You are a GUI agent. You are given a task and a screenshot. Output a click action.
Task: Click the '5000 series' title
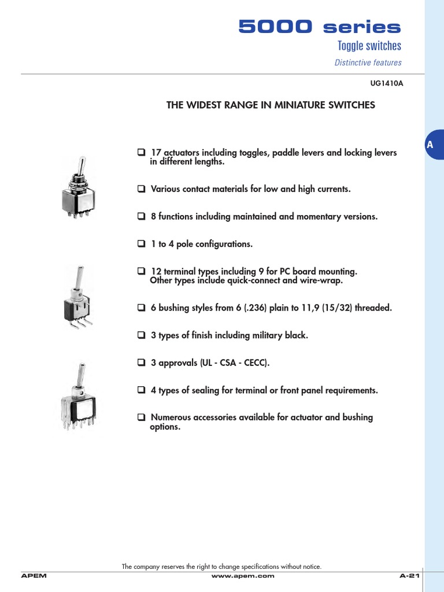[320, 27]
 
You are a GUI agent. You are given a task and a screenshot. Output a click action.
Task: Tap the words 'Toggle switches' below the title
[369, 46]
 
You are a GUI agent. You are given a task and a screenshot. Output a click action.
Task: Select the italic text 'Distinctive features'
[368, 62]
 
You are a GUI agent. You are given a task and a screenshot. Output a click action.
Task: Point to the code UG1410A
[386, 83]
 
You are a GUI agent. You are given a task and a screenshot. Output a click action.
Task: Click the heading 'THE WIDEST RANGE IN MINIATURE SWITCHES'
[271, 105]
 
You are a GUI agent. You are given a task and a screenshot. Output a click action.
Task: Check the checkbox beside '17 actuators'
[141, 153]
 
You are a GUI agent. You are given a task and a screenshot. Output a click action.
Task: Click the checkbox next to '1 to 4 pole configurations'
[141, 244]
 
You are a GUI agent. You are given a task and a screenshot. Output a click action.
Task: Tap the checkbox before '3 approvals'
[141, 363]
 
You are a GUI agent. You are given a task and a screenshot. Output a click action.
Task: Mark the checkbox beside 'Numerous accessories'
[141, 417]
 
